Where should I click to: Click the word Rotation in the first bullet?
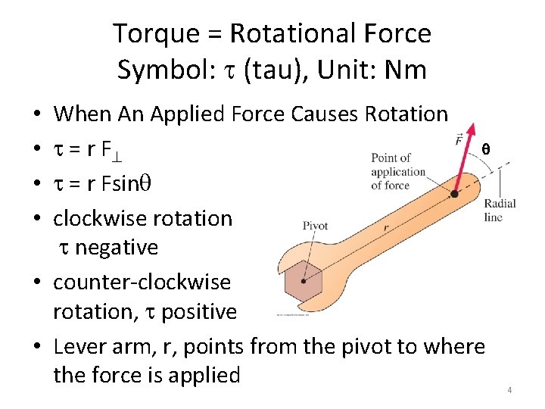(406, 114)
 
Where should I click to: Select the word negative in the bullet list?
(117, 248)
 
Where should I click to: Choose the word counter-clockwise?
(142, 283)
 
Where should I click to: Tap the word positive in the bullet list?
(199, 312)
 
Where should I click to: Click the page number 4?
(509, 390)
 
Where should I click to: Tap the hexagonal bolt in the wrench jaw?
(303, 280)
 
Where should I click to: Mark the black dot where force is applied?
(453, 194)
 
